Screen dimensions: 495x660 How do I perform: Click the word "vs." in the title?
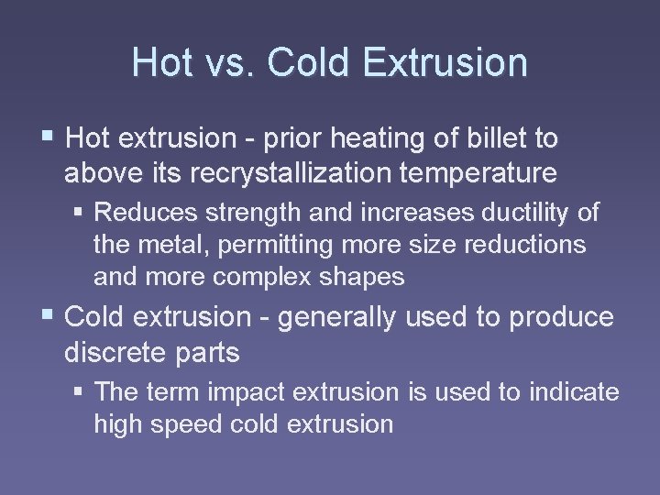pyautogui.click(x=218, y=63)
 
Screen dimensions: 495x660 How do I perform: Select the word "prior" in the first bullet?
pyautogui.click(x=287, y=138)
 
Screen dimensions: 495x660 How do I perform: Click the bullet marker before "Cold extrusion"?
pyautogui.click(x=49, y=317)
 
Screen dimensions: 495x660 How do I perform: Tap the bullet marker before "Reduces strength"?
pyautogui.click(x=81, y=213)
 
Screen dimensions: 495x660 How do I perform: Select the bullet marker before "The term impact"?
pyautogui.click(x=81, y=392)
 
